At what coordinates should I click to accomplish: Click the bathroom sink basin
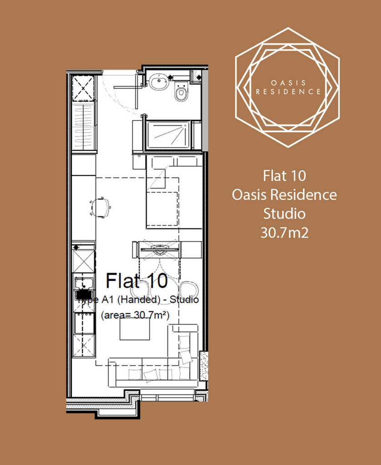pyautogui.click(x=159, y=82)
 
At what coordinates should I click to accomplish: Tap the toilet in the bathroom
pyautogui.click(x=181, y=92)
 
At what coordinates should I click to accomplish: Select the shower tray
pyautogui.click(x=169, y=135)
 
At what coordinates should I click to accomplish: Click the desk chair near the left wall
pyautogui.click(x=100, y=207)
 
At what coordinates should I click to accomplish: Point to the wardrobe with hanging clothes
pyautogui.click(x=84, y=126)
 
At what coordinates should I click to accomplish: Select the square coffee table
pyautogui.click(x=135, y=330)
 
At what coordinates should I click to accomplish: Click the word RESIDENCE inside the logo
pyautogui.click(x=288, y=92)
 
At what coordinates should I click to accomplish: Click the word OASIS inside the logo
pyautogui.click(x=288, y=83)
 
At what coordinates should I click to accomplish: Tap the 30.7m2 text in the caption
pyautogui.click(x=284, y=232)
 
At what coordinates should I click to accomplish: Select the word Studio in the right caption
pyautogui.click(x=284, y=213)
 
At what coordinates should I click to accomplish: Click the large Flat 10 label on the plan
pyautogui.click(x=136, y=281)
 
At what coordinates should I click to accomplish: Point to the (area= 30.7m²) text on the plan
pyautogui.click(x=135, y=315)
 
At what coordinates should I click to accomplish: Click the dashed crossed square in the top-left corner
pyautogui.click(x=84, y=89)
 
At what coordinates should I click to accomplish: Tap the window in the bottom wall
pyautogui.click(x=168, y=396)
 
